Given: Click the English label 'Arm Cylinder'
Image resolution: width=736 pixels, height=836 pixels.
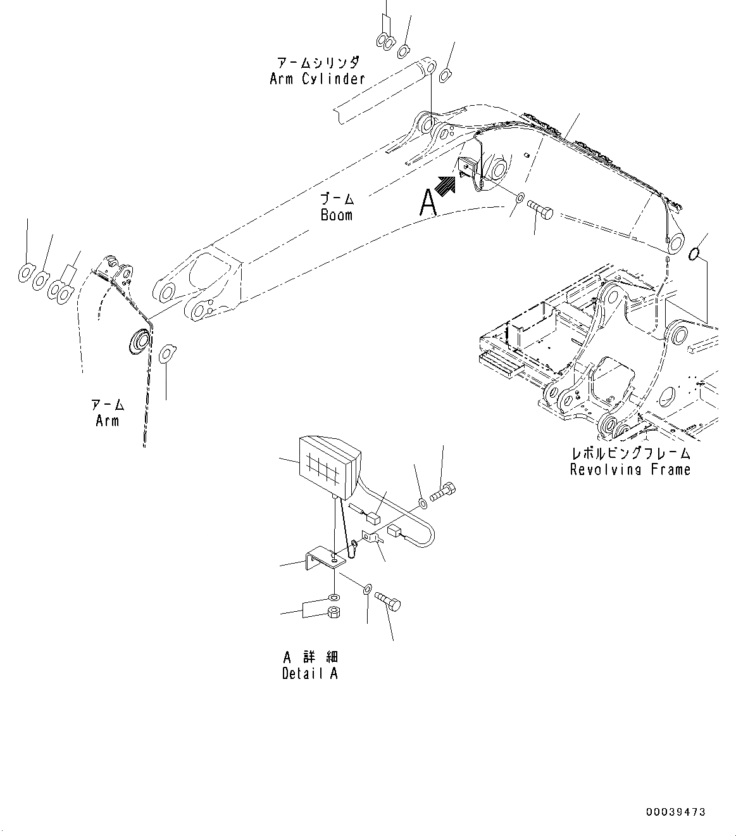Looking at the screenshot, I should click(317, 79).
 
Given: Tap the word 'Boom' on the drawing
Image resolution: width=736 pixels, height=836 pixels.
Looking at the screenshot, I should click(336, 215).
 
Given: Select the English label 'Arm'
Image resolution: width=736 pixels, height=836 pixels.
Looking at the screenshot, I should click(107, 421).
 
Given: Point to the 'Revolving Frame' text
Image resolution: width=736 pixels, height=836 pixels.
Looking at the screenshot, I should click(630, 469).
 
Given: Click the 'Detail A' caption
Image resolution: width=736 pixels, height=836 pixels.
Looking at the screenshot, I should click(309, 673).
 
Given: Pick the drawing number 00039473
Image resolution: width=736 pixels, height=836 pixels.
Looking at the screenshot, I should click(675, 812).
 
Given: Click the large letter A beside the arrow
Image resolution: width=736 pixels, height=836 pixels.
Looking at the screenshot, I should click(428, 203).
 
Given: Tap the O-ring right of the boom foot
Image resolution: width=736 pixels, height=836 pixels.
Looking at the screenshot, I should click(694, 253).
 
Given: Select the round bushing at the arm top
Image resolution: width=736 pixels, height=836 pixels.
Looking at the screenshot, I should click(139, 341).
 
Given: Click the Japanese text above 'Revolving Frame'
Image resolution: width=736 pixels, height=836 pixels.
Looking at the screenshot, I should click(630, 453).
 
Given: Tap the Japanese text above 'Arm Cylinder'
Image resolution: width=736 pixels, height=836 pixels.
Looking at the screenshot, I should click(318, 63).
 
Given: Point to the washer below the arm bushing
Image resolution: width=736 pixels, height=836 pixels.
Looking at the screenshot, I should click(167, 353).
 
